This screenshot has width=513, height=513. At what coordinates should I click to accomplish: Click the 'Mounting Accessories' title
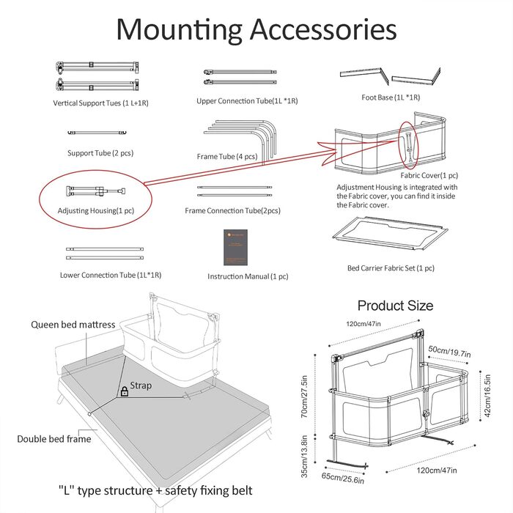(x=256, y=29)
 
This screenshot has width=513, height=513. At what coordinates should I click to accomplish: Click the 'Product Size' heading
(x=395, y=306)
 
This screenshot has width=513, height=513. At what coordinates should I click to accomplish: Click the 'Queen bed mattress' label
(x=73, y=325)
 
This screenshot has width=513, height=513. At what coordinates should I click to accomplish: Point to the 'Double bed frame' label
(x=54, y=439)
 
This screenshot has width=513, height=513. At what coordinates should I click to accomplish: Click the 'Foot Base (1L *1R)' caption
(x=391, y=97)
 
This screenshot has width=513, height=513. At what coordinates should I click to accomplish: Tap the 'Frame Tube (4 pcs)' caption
(x=226, y=156)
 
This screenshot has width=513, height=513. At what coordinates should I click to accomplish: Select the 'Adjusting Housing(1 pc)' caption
(x=96, y=211)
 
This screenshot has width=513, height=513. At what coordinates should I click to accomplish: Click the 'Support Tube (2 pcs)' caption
(x=100, y=153)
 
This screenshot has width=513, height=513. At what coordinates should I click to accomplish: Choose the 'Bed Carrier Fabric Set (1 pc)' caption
(x=391, y=268)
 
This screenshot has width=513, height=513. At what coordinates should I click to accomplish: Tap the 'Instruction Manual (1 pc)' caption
(x=248, y=276)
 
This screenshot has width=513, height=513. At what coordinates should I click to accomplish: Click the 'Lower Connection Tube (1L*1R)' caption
(x=111, y=275)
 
